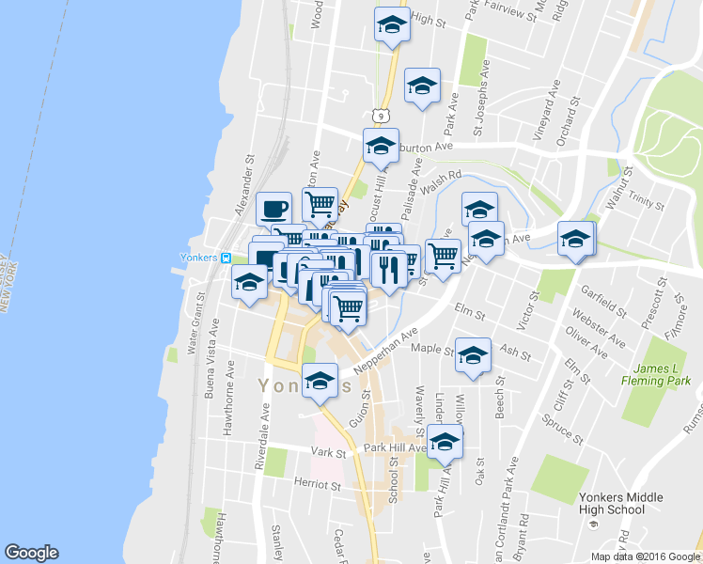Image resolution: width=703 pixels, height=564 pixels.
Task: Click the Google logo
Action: [x=32, y=552]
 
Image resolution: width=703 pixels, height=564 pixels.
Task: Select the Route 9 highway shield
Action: [x=379, y=115]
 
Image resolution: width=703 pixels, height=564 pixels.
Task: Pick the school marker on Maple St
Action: [x=473, y=354]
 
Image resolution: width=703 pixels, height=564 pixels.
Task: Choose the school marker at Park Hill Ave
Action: [x=445, y=442]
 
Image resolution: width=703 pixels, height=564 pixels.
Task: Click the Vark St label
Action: [x=329, y=453]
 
